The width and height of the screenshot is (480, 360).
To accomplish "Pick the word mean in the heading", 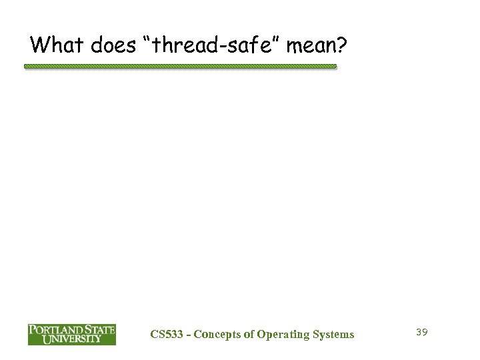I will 316,47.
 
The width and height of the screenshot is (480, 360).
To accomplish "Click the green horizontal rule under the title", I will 180,67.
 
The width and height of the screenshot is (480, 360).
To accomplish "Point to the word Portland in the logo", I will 54,330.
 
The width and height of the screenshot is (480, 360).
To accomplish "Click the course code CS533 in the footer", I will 163,334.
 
